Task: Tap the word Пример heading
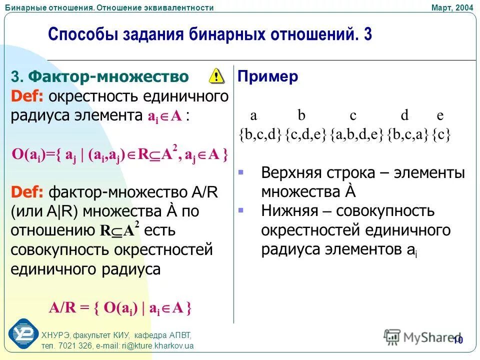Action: click(268, 76)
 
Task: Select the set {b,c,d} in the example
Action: click(260, 135)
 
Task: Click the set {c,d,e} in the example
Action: click(306, 135)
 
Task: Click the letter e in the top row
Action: click(440, 115)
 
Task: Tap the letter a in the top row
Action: click(253, 115)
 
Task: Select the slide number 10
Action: click(458, 340)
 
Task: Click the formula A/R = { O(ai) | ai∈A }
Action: click(120, 307)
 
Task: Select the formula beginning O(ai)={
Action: click(120, 155)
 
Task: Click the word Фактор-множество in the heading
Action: click(108, 76)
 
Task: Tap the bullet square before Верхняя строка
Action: click(240, 172)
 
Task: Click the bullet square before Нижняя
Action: click(240, 210)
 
